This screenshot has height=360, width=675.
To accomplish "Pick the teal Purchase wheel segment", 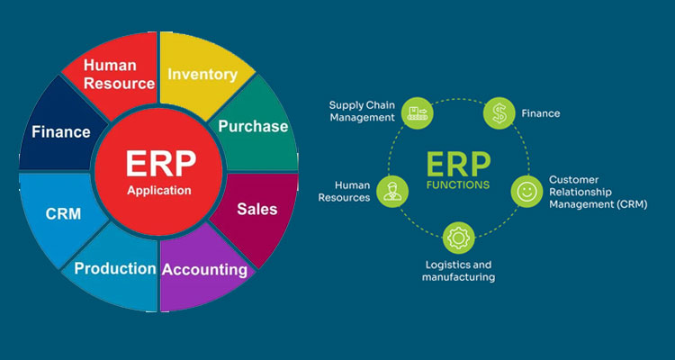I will coord(255,126).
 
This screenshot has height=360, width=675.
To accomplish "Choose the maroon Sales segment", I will coord(257,209).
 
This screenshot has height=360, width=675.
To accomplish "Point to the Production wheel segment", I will coord(114,268).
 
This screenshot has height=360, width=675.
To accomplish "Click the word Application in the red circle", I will coord(159,190).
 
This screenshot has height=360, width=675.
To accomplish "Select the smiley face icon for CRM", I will coord(525,192).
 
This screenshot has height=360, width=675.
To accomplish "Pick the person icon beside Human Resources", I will coord(390,192).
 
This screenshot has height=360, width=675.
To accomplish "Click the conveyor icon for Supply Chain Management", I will coord(416,112).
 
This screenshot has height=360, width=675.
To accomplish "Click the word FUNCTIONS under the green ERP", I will coord(459,185).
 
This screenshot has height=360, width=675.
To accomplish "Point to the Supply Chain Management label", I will coord(362,111).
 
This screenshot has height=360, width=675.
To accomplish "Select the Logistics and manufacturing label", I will coord(458,271).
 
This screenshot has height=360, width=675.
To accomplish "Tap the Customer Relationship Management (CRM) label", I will coord(598,193).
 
